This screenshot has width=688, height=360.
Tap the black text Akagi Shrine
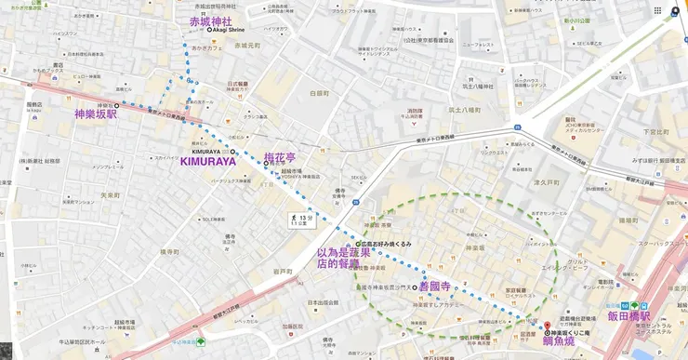pyautogui.click(x=229, y=31)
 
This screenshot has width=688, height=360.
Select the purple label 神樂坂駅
pyautogui.click(x=97, y=114)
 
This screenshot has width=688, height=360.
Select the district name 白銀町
pyautogui.click(x=318, y=93)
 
